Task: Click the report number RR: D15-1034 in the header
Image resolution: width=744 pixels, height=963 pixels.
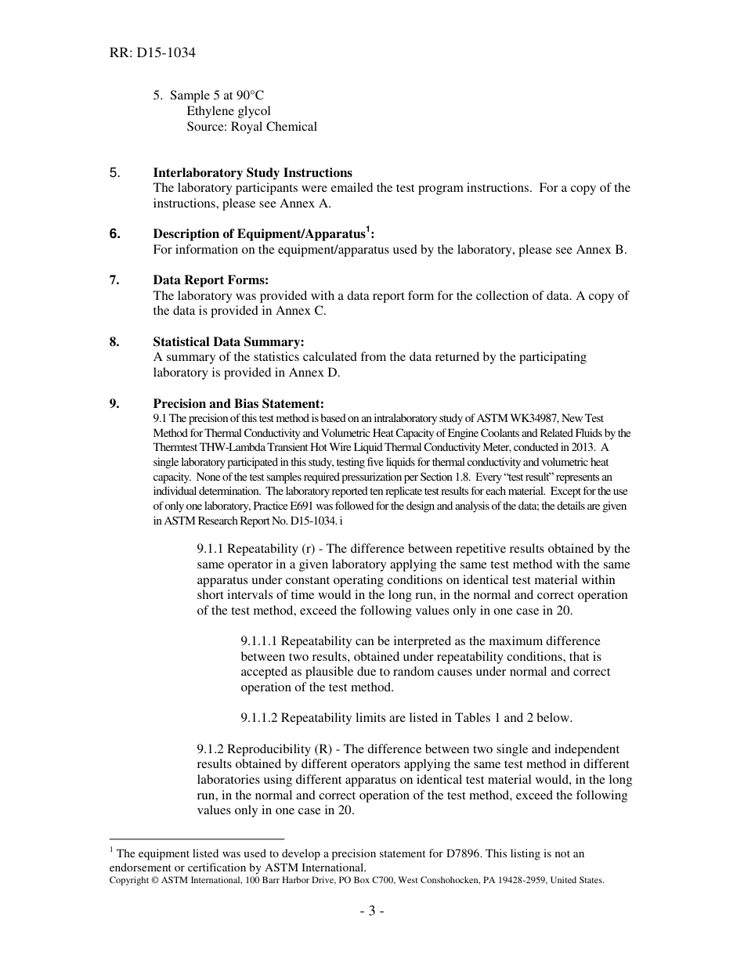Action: tap(152, 53)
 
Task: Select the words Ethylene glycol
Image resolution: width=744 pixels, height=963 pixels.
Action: tap(229, 111)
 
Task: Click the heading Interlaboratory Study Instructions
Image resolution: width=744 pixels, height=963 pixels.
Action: tap(252, 173)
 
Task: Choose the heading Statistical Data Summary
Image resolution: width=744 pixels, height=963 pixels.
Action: tap(228, 342)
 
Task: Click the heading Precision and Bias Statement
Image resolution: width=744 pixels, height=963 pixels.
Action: tap(238, 404)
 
